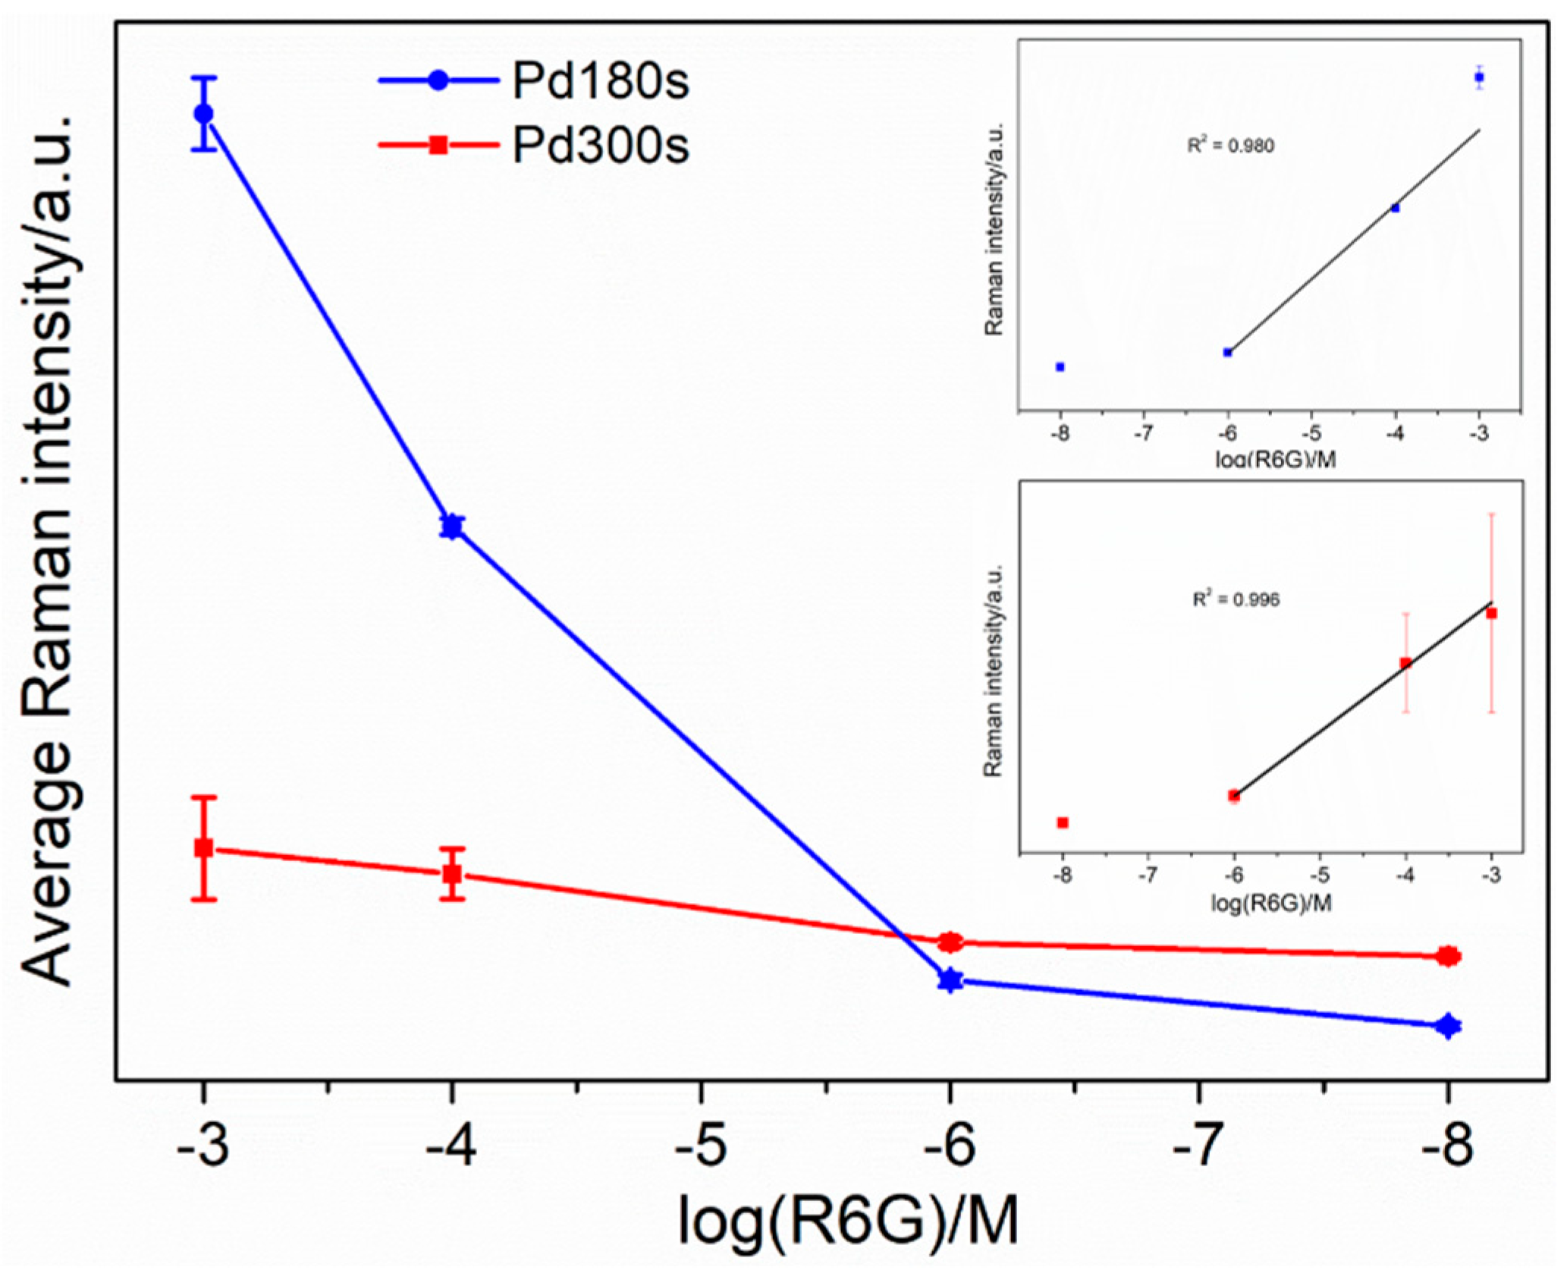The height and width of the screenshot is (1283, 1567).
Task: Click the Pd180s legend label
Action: (600, 80)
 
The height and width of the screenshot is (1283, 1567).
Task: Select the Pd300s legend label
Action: (600, 144)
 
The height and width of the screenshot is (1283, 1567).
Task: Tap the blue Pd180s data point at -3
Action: (203, 114)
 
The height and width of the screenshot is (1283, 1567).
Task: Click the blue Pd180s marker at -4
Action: (452, 527)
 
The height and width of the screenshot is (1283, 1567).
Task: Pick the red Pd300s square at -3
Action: (203, 847)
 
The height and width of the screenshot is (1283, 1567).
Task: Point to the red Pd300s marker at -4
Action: (452, 873)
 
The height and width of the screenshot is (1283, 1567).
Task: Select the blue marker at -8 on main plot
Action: (1448, 1026)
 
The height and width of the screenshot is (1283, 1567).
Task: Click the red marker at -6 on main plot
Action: (950, 942)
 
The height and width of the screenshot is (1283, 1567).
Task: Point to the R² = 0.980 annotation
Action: (1230, 145)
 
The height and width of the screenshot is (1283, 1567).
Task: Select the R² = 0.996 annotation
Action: (1236, 599)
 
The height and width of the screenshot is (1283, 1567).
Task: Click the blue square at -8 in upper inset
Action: (1060, 366)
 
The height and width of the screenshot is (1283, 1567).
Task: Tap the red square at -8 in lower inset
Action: (1063, 822)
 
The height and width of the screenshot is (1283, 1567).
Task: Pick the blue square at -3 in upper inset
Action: (1479, 77)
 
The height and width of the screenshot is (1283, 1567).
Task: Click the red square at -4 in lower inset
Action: (1405, 663)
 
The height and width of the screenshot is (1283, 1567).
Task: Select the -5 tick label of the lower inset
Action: (1320, 875)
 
